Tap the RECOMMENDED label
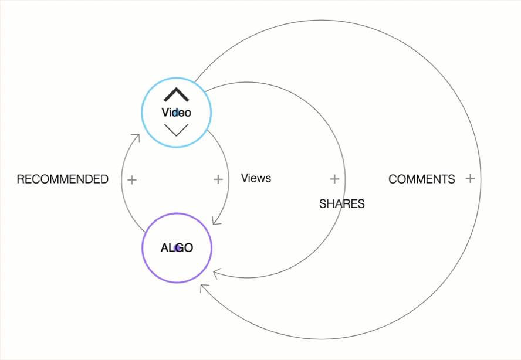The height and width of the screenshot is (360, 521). (62, 179)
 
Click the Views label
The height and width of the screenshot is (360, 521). (256, 178)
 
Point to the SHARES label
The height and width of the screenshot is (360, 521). (341, 204)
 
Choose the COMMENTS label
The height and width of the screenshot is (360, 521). (421, 179)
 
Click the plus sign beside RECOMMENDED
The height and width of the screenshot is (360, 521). (132, 179)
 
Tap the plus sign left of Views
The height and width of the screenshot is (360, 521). (218, 179)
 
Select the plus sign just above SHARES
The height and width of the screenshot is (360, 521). (334, 179)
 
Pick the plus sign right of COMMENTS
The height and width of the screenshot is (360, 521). (470, 179)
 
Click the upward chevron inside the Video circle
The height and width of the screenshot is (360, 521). (176, 94)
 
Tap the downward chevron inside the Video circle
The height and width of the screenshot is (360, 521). (176, 130)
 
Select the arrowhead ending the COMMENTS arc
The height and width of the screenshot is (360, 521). (203, 287)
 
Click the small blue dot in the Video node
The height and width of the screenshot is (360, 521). (175, 113)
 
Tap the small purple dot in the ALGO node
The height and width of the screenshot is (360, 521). (177, 248)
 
